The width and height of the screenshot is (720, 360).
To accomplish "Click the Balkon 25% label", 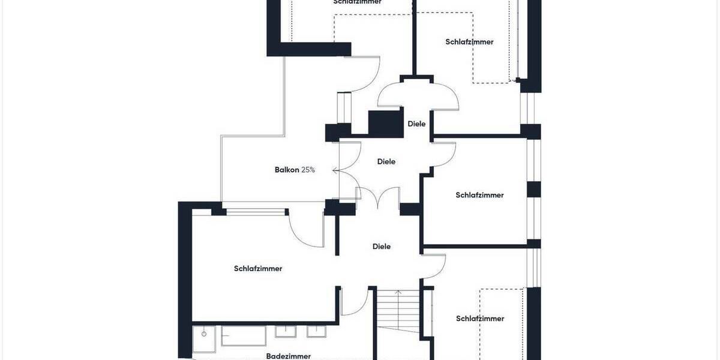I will tap(295, 170).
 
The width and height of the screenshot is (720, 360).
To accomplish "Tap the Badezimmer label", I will tap(288, 356).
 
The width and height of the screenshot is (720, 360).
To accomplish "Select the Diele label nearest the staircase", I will tap(382, 246).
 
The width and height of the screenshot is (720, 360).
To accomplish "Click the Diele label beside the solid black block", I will tap(416, 124).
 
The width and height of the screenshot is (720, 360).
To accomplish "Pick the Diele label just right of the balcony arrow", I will tap(386, 161).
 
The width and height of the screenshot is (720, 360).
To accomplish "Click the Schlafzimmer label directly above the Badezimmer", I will tap(258, 268).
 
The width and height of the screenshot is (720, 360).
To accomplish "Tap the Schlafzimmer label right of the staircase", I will tap(480, 319).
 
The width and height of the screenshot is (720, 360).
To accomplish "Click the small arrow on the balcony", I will tap(335, 170).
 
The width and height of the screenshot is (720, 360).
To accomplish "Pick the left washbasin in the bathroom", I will tap(285, 331).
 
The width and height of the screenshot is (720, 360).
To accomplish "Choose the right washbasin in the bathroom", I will tap(316, 331).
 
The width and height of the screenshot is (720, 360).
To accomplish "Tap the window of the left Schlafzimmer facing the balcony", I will tap(256, 211).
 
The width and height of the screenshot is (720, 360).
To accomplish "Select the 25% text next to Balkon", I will tap(308, 170).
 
